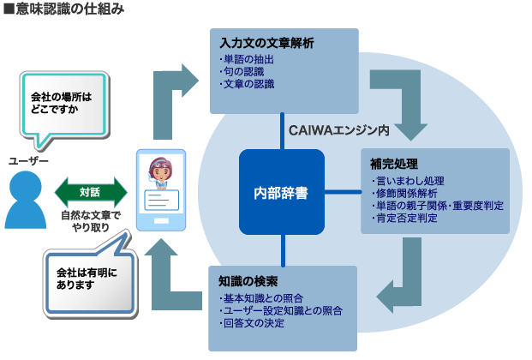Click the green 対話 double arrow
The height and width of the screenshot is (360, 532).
point(90,191)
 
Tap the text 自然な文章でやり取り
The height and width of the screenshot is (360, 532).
point(90,222)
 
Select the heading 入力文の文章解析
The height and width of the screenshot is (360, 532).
point(266,43)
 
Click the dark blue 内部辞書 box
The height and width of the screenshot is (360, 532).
point(282,192)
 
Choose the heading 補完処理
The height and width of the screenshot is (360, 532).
point(392,163)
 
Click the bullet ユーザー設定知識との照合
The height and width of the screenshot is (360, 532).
point(282,309)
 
